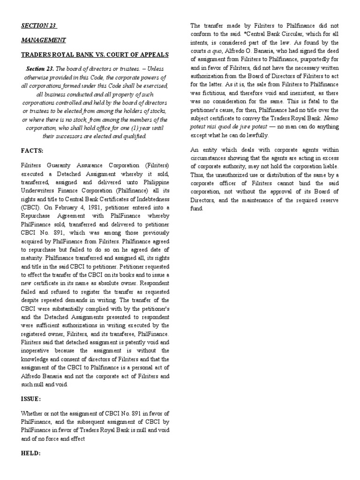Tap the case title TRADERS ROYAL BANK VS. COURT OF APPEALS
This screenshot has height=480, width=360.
point(95,55)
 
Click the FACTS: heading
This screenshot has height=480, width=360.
point(32,151)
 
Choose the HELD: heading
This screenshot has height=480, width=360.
point(31,454)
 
